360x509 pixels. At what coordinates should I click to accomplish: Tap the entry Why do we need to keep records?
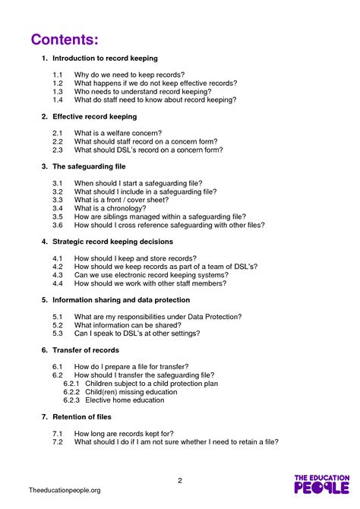[x=130, y=74]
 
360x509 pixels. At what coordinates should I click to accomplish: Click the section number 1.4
[x=58, y=100]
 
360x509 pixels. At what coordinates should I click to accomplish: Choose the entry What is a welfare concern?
[x=118, y=133]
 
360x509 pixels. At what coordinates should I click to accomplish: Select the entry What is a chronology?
[x=110, y=208]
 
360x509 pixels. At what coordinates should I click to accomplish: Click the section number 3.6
[x=58, y=225]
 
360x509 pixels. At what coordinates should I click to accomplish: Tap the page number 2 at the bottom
[x=180, y=480]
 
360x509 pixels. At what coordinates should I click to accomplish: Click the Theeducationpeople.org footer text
[x=64, y=491]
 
